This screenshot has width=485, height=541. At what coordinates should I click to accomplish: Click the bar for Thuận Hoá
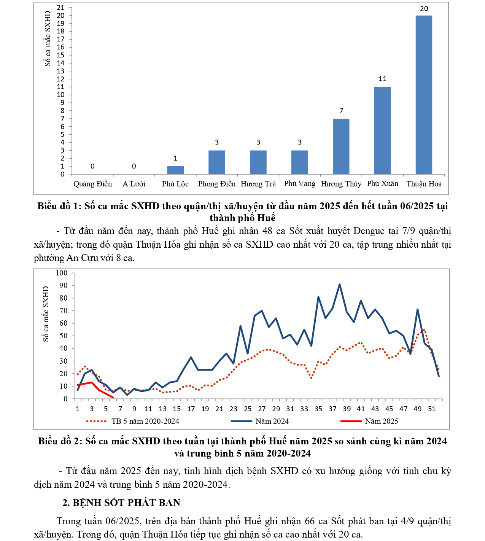coord(424,95)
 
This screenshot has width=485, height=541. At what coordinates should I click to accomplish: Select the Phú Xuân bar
coord(382,130)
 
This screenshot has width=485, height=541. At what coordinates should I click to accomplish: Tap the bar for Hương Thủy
coord(341,146)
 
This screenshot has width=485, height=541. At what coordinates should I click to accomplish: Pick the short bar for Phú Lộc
coord(175,170)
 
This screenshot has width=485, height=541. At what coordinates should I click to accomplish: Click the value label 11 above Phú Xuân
coord(382,79)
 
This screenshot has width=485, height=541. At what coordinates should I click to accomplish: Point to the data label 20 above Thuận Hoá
coord(424,9)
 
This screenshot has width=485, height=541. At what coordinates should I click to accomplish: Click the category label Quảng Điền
coord(92,184)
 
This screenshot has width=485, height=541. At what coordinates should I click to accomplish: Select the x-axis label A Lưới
coord(134,184)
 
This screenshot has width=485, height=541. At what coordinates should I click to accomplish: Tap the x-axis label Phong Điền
coord(217,184)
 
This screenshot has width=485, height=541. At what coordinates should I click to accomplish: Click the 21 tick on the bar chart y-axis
coord(61,8)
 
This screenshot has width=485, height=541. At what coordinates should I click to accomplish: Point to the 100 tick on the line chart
coord(62,273)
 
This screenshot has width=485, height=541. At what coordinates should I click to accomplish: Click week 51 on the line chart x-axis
coord(432,409)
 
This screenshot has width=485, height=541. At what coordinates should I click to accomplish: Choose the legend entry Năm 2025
coord(381,421)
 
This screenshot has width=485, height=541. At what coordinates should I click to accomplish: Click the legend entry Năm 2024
coord(272,421)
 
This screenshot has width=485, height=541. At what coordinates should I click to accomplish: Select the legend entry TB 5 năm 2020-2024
coord(145,421)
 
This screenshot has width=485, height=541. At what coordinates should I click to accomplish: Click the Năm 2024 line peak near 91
coord(340,284)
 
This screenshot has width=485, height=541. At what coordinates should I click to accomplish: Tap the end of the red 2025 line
coord(113,398)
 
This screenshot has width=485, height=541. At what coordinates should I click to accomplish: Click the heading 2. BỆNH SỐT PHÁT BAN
coord(121,503)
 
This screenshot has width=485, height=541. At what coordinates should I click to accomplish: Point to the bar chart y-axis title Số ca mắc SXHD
coord(48,38)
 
